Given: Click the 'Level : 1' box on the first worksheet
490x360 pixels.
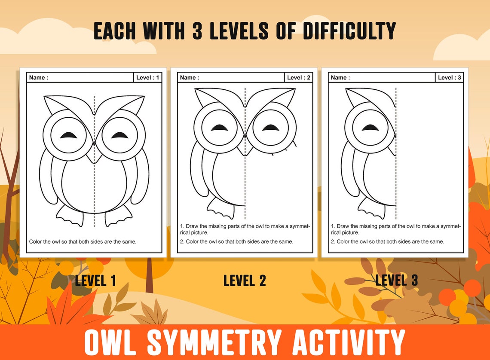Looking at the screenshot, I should coord(148,78).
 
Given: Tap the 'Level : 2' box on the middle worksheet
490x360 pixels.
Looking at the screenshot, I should coord(298,78).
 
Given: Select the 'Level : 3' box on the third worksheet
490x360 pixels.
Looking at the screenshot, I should coord(449,78).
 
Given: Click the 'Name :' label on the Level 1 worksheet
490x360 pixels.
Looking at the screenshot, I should coord(39,78).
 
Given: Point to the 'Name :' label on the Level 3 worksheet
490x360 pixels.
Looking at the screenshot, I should coord(340,78).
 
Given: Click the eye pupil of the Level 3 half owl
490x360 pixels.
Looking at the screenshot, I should coord(370,128).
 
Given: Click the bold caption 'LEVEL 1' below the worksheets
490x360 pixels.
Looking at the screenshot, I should coord(95,281).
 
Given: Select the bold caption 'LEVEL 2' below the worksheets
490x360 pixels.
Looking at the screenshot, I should coord(245,281).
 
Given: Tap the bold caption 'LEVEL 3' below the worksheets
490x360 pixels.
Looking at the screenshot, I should coord(396,281).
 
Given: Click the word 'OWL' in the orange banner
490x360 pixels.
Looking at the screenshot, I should coord(111,342).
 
